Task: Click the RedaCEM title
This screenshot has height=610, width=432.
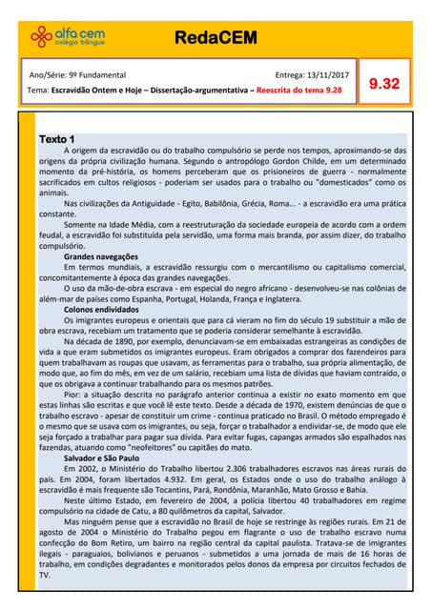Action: click(x=216, y=36)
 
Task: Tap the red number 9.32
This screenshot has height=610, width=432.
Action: click(x=383, y=84)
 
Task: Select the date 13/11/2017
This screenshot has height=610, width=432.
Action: click(x=321, y=74)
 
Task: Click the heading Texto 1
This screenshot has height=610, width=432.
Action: click(x=58, y=140)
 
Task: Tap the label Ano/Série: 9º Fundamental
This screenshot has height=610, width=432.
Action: click(x=78, y=74)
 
